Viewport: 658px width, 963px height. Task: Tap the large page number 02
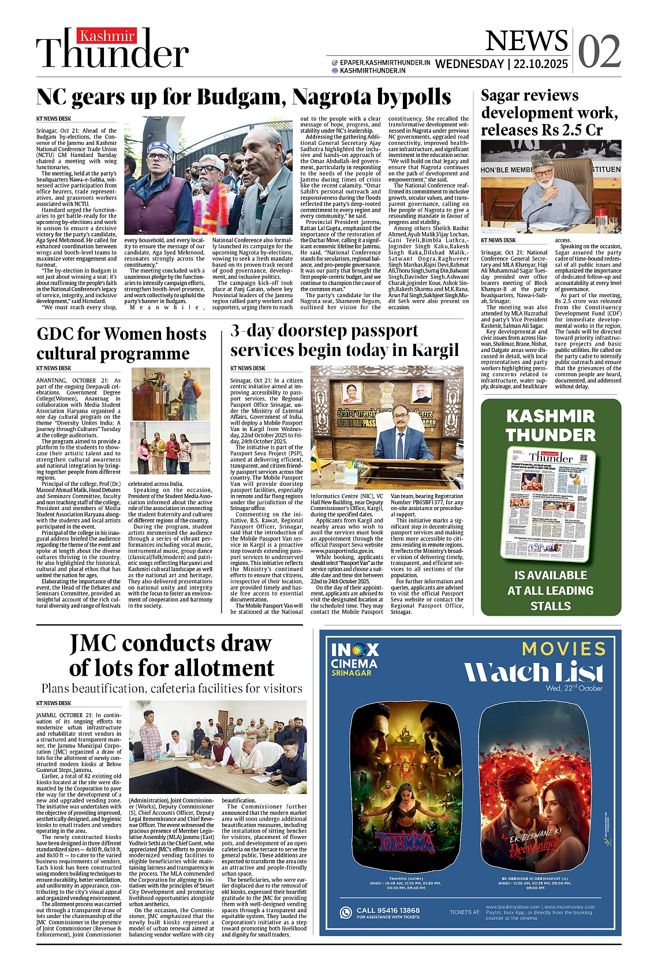pos(599,52)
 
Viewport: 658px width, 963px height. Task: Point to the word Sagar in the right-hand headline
pos(506,95)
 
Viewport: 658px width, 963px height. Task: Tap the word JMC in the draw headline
pos(94,643)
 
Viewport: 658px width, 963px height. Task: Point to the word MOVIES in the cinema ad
pos(564,649)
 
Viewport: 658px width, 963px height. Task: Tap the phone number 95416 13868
pos(388,910)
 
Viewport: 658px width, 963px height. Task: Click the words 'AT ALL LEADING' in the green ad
pos(551,591)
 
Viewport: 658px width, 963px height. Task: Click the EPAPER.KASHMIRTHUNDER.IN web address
pos(384,62)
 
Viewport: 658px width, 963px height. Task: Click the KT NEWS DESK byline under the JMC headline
pos(54,703)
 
